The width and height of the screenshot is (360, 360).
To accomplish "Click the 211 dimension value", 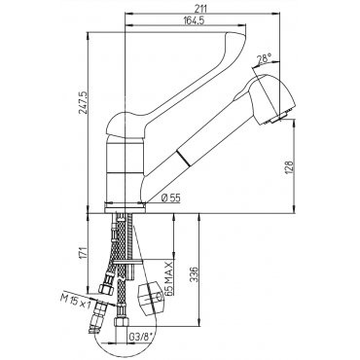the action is (201, 9).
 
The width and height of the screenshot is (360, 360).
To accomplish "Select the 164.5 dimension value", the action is (194, 20).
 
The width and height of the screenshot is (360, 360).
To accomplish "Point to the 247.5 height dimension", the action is (83, 102).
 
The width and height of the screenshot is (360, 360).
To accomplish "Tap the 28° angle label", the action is (264, 59).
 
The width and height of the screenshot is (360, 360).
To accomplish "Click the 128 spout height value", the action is (289, 167).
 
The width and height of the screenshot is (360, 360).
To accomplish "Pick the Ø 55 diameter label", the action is (170, 198).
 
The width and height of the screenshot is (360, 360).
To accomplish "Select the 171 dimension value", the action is (83, 253).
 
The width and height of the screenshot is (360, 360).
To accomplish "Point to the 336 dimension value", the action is (193, 274).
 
